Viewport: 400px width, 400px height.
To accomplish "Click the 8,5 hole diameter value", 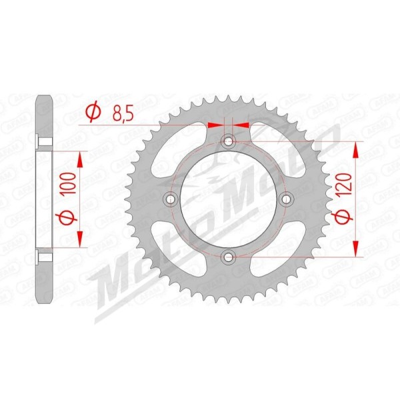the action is (x=123, y=114).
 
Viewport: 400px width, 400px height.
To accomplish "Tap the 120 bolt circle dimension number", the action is (x=345, y=184).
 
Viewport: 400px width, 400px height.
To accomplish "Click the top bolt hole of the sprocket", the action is (x=228, y=141).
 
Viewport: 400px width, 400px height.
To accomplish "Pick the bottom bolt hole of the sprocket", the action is (x=228, y=257).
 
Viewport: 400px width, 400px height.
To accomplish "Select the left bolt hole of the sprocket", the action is (x=171, y=199).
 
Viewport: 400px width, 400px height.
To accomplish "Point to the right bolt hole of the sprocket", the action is (x=286, y=199).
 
